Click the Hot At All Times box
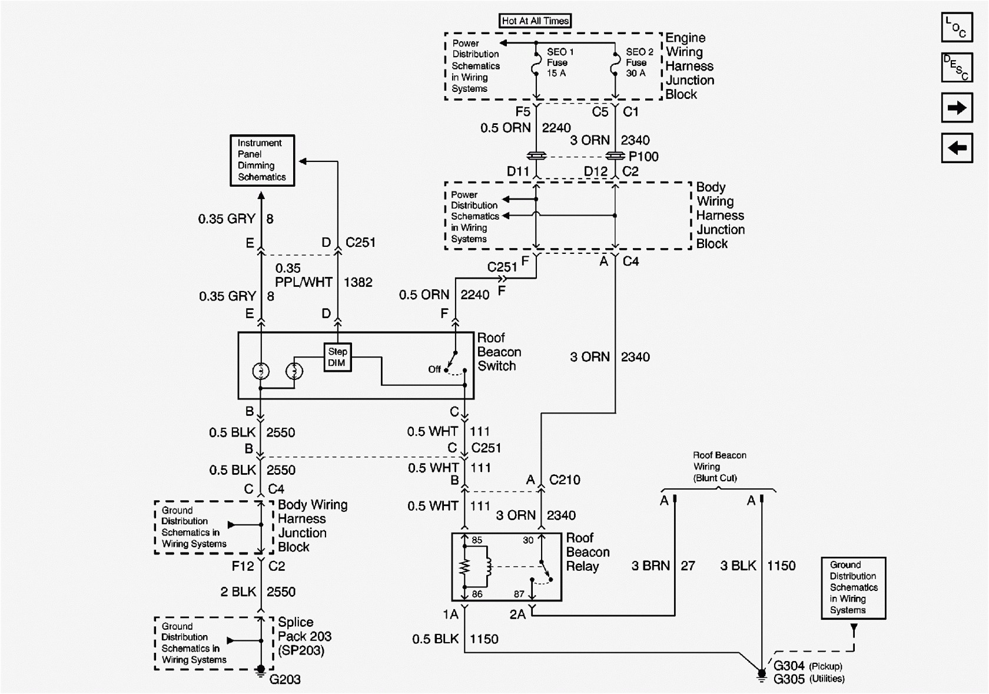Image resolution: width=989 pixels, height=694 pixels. tap(535, 21)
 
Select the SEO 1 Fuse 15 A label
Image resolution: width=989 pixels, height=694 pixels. tap(559, 62)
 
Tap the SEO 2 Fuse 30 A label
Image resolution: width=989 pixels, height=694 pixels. tap(639, 62)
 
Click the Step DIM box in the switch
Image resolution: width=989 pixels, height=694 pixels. tap(337, 357)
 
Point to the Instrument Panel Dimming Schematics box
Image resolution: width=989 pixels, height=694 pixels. tap(262, 160)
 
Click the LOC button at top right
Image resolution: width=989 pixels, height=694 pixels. tap(956, 27)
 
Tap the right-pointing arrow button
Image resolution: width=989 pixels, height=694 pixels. tap(956, 108)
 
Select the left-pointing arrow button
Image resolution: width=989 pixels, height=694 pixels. tap(956, 147)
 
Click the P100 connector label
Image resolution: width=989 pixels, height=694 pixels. tap(643, 157)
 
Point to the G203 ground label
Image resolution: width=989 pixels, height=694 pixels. tap(285, 679)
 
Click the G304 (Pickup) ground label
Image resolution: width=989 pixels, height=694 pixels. tap(807, 666)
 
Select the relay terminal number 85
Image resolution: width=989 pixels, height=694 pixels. tap(476, 540)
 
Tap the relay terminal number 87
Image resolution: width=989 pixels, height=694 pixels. tap(519, 594)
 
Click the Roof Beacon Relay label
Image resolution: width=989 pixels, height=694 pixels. tap(587, 552)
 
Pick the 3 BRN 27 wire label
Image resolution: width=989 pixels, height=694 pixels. tap(663, 566)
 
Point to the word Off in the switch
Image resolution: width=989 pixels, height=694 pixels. tap(434, 369)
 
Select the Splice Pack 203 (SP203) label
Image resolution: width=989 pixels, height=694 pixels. tap(304, 636)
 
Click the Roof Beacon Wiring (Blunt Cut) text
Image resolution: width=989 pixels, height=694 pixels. tap(719, 467)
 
